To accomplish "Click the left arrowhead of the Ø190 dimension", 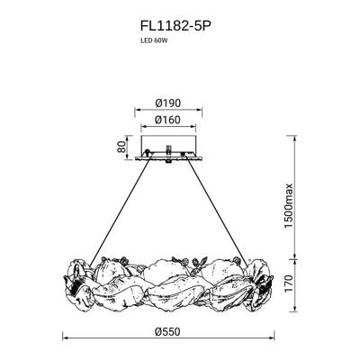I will coord(136,112).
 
